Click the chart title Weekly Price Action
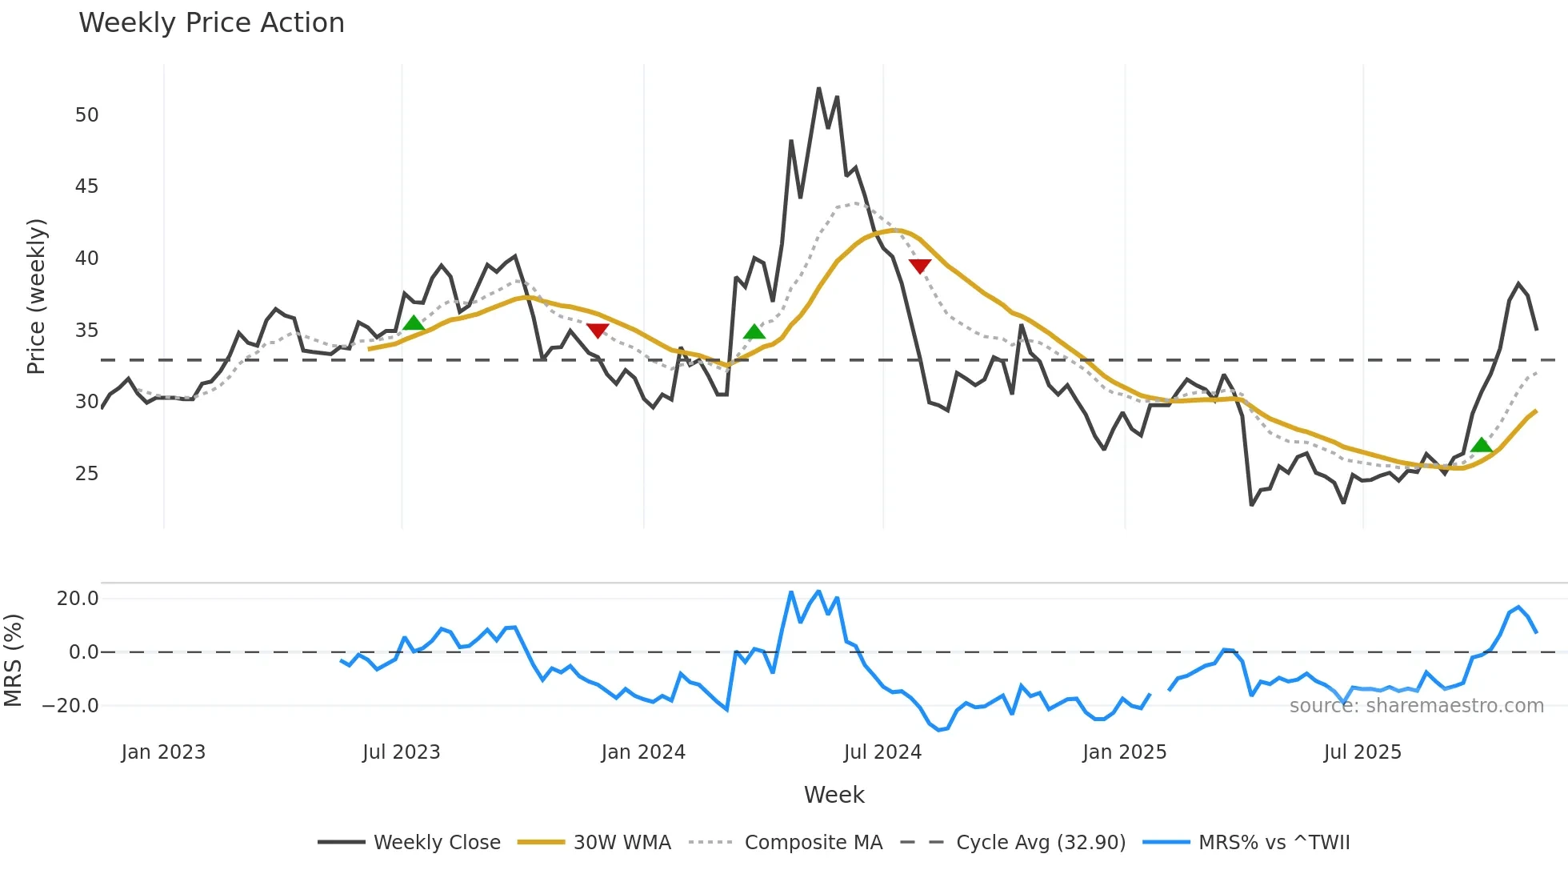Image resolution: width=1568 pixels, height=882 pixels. pyautogui.click(x=211, y=23)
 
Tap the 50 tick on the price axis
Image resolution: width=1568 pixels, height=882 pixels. pyautogui.click(x=87, y=115)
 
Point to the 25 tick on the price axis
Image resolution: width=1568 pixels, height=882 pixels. pyautogui.click(x=87, y=474)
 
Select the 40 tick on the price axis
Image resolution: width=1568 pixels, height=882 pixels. pyautogui.click(x=87, y=259)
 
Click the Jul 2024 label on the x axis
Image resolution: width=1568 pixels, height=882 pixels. pyautogui.click(x=882, y=752)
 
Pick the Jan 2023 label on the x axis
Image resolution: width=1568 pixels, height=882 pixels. pyautogui.click(x=163, y=752)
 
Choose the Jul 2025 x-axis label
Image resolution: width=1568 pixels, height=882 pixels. pyautogui.click(x=1362, y=752)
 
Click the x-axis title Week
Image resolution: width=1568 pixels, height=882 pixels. pyautogui.click(x=834, y=795)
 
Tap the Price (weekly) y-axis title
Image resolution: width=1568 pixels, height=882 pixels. pyautogui.click(x=36, y=296)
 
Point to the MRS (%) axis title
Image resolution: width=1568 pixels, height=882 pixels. pyautogui.click(x=13, y=660)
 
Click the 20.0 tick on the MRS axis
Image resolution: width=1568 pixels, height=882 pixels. pyautogui.click(x=78, y=599)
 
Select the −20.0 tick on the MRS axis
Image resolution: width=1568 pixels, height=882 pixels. pyautogui.click(x=70, y=706)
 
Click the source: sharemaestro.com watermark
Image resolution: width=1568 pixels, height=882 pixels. pyautogui.click(x=1416, y=706)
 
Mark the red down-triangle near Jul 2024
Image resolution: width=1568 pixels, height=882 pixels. pyautogui.click(x=920, y=266)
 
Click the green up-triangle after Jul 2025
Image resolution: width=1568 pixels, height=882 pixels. pyautogui.click(x=1482, y=446)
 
